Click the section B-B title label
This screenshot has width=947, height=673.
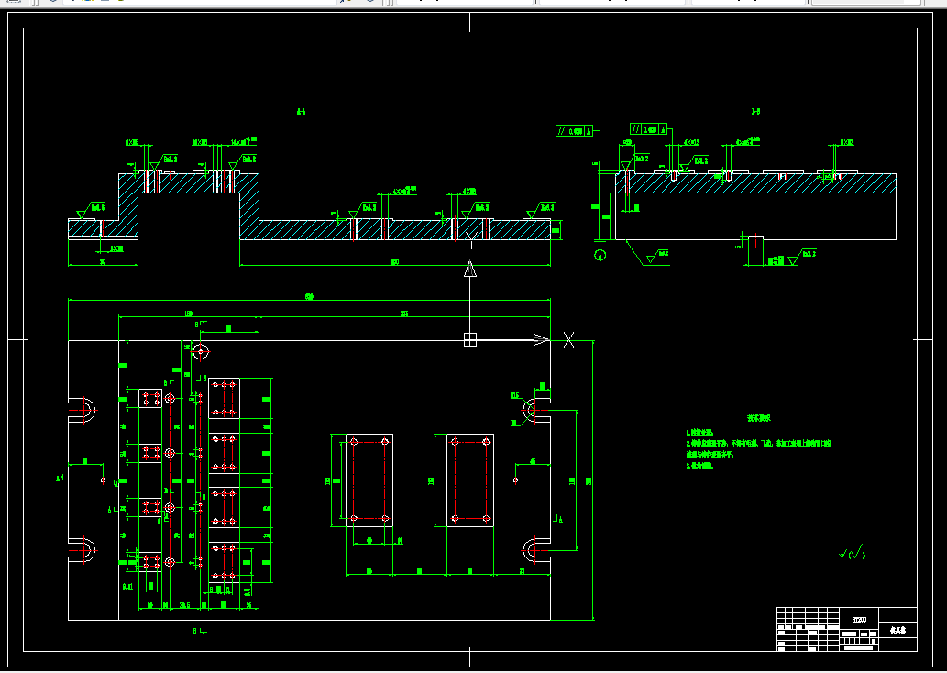pos(755,112)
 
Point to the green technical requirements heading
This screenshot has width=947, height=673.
pos(758,418)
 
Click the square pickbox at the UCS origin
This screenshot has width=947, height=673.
pos(470,340)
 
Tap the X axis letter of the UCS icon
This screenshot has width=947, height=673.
pos(568,340)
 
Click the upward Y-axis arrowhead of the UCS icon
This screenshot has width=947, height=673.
pos(470,269)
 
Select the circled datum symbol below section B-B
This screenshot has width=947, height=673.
pos(600,255)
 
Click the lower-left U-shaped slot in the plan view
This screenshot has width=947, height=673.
pos(82,550)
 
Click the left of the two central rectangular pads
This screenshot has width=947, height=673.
pos(362,480)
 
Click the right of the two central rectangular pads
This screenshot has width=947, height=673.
pos(470,480)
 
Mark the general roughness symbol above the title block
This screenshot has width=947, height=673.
pos(851,553)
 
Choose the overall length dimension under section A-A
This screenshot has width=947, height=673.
pos(395,263)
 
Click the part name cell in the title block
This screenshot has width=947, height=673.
pos(897,631)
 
